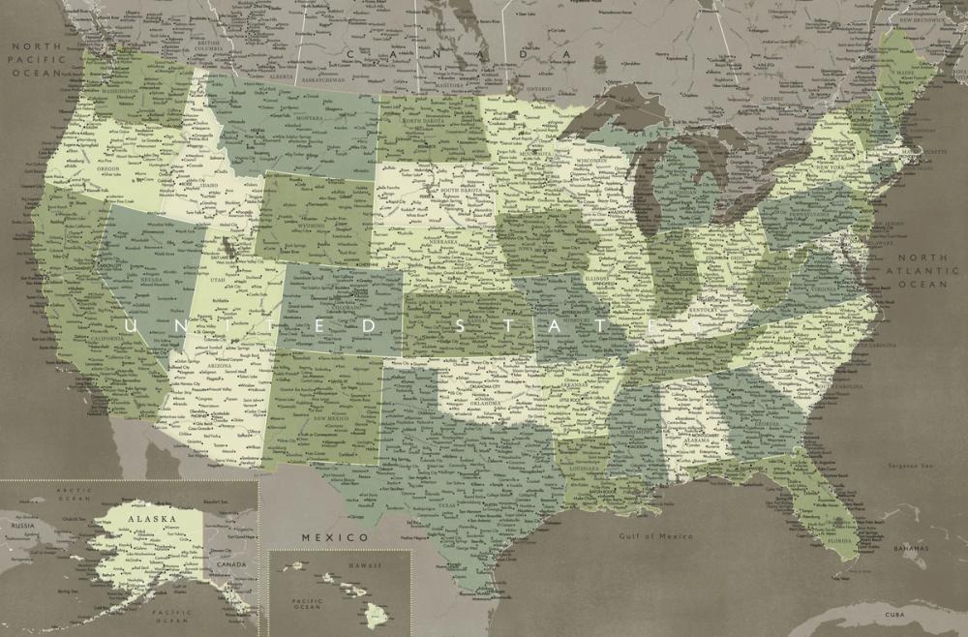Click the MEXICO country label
(x=334, y=536)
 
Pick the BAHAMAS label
(x=909, y=548)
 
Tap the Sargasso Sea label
(x=902, y=466)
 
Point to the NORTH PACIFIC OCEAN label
(x=37, y=59)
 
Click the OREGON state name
(x=107, y=167)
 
